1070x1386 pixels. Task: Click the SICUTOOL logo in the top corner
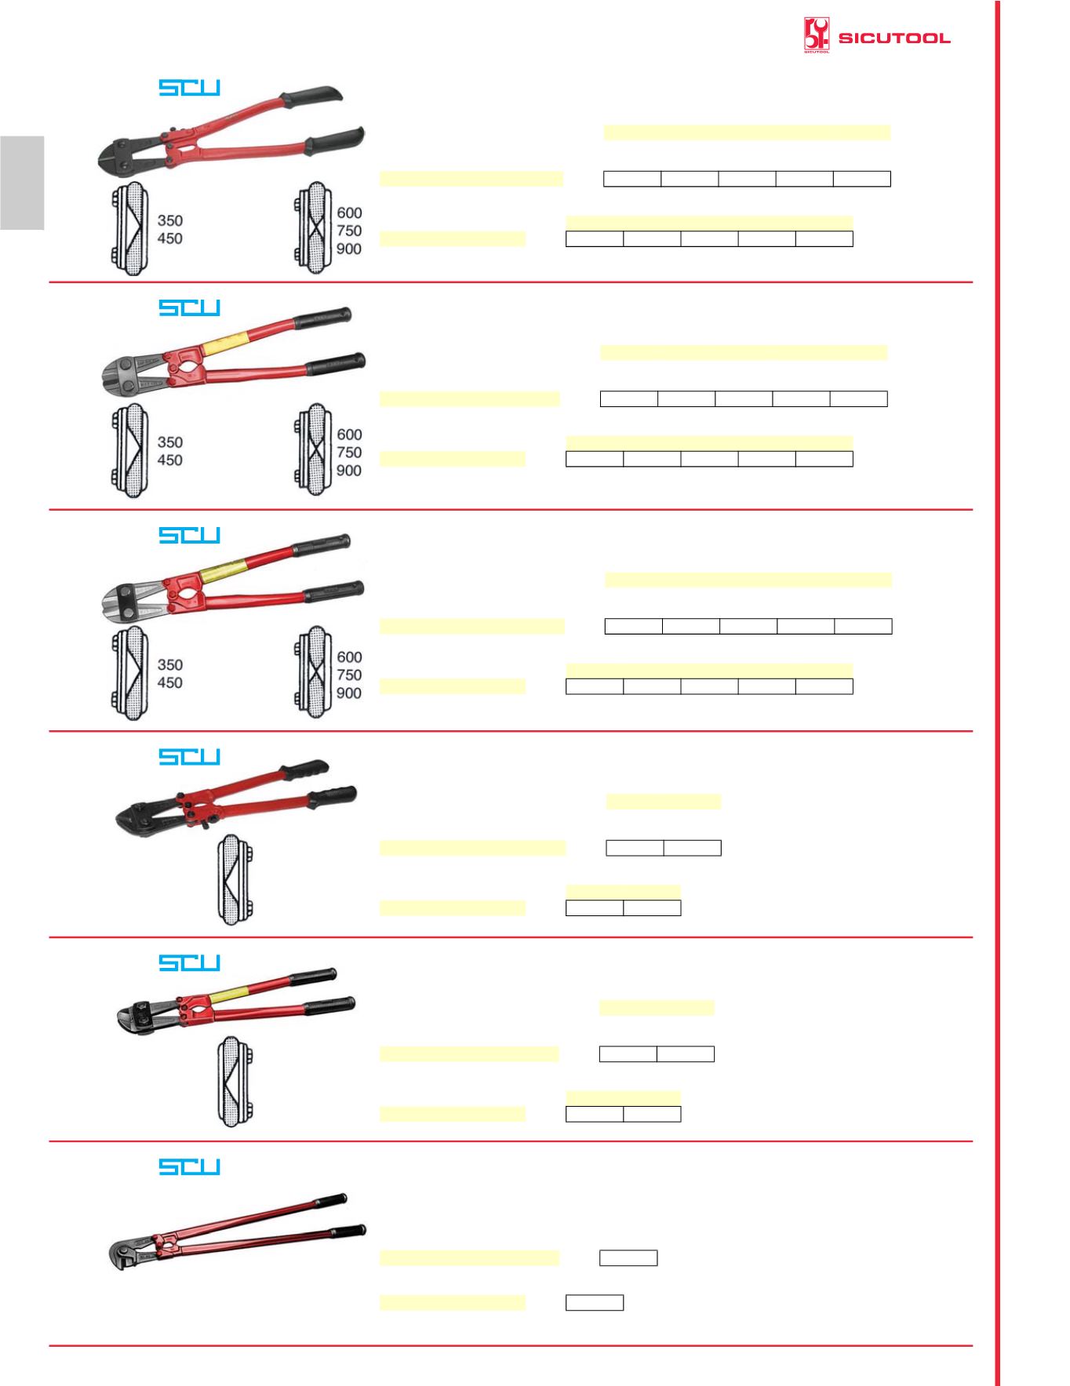pos(877,36)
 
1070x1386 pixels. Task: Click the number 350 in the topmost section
pos(170,220)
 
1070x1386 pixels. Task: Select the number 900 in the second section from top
pos(349,471)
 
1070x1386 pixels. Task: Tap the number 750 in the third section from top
pos(349,675)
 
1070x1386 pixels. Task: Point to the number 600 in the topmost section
pos(349,213)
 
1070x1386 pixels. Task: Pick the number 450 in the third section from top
pos(170,682)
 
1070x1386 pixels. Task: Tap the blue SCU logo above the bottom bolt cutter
pos(189,1166)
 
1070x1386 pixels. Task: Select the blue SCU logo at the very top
pos(189,87)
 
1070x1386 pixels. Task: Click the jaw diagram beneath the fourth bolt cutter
pos(232,879)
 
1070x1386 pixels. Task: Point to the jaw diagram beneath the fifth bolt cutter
pos(232,1082)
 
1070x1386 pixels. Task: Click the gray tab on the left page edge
pos(22,182)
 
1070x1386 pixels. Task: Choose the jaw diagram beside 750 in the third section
pos(312,672)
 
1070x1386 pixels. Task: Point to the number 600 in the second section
pos(349,435)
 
